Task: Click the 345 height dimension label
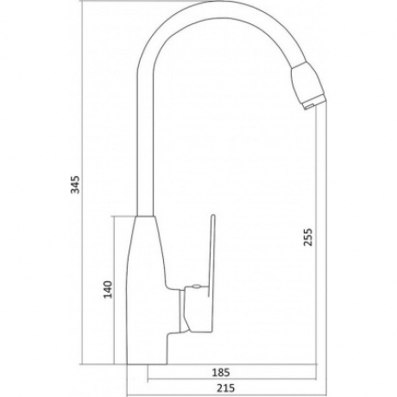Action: tap(75, 185)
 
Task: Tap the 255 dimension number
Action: tap(308, 237)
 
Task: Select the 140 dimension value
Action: tap(108, 289)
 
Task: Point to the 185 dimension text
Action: tap(221, 373)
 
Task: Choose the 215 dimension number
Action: tap(225, 388)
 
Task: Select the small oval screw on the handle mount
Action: tap(197, 286)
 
